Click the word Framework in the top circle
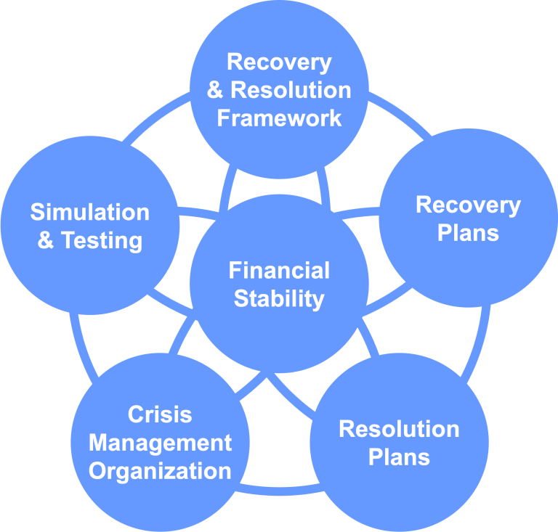pyautogui.click(x=279, y=118)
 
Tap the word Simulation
pyautogui.click(x=89, y=212)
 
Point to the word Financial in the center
pyautogui.click(x=279, y=271)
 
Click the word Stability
pyautogui.click(x=279, y=298)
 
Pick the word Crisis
pyautogui.click(x=160, y=414)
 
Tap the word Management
pyautogui.click(x=160, y=442)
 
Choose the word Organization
pyautogui.click(x=160, y=470)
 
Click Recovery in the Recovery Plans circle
pyautogui.click(x=468, y=205)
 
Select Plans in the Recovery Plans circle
pyautogui.click(x=468, y=233)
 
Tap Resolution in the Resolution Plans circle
pyautogui.click(x=399, y=429)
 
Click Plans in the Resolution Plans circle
pyautogui.click(x=399, y=457)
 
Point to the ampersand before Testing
pyautogui.click(x=46, y=240)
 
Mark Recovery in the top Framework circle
pyautogui.click(x=279, y=62)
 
